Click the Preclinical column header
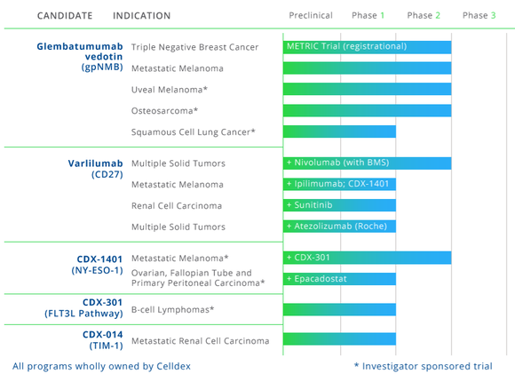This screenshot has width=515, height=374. [311, 15]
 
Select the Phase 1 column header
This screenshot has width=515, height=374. [368, 15]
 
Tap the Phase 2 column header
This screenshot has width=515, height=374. [424, 15]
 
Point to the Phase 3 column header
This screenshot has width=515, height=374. [479, 15]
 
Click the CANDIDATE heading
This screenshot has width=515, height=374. [65, 16]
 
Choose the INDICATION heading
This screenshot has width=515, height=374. [142, 16]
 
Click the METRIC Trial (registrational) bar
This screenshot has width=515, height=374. [367, 46]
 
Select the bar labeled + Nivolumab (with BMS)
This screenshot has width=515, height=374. [367, 163]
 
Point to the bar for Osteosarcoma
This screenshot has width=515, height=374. [367, 110]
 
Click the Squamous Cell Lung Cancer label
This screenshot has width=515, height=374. [193, 132]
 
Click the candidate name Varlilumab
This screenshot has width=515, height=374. [95, 163]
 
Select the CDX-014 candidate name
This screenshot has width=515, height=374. [104, 334]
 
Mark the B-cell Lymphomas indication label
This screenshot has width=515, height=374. [174, 310]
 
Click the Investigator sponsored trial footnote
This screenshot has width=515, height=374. [422, 365]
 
